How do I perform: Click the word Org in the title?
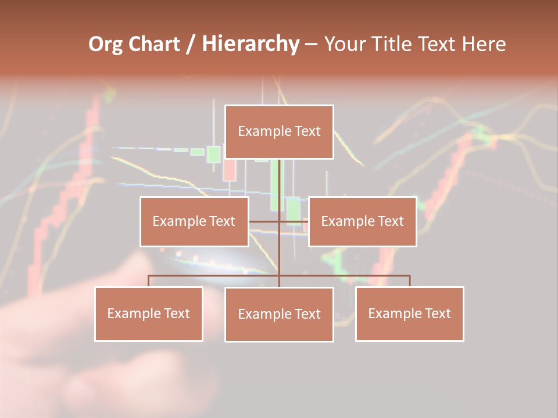tap(105, 44)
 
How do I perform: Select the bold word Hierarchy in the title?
tap(251, 44)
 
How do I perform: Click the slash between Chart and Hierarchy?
tap(190, 44)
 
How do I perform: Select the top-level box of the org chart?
tap(279, 132)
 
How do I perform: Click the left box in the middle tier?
tap(194, 221)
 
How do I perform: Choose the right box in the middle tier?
tap(362, 221)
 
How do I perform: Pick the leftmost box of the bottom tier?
tap(149, 313)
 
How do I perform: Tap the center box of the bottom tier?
tap(279, 314)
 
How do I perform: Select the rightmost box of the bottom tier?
tap(409, 313)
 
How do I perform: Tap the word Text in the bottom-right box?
tap(438, 313)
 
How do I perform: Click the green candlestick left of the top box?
tap(213, 153)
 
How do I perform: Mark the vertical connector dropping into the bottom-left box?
tap(149, 281)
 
